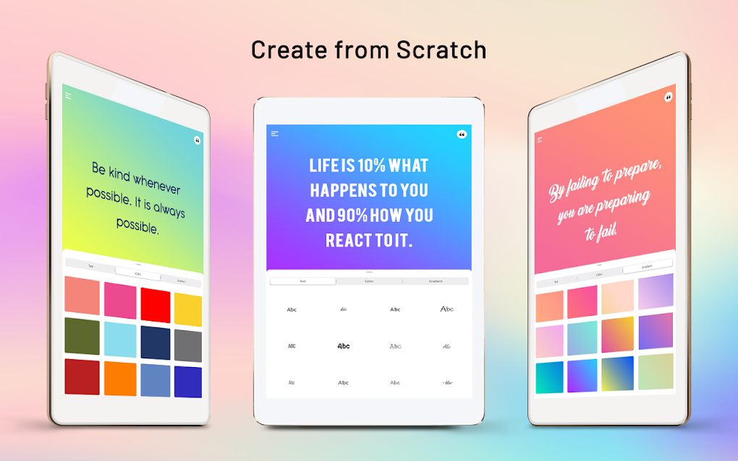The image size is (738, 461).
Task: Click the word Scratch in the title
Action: [441, 49]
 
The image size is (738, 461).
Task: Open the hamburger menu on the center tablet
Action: [275, 134]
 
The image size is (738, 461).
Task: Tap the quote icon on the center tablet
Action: [462, 134]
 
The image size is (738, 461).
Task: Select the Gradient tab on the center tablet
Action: [436, 281]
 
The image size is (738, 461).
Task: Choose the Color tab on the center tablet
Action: [369, 281]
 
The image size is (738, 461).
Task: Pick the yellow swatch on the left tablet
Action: [187, 309]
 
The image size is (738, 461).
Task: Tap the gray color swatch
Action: [187, 346]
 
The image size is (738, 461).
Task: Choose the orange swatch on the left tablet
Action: [119, 377]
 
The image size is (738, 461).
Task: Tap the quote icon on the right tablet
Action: [668, 98]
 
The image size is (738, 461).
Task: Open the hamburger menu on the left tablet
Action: [68, 95]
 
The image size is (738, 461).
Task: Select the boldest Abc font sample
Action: [344, 346]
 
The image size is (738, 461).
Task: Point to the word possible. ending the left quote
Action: [137, 227]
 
